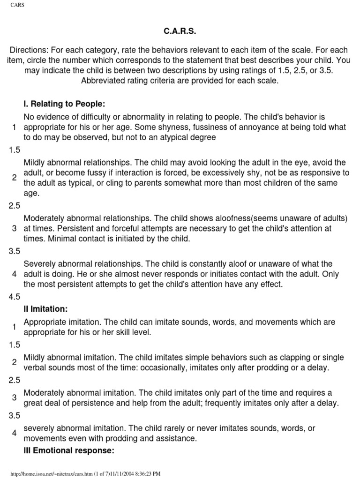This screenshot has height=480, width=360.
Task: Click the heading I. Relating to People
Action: [61, 103]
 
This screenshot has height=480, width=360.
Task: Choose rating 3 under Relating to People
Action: [15, 228]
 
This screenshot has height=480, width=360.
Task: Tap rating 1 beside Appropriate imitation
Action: [15, 327]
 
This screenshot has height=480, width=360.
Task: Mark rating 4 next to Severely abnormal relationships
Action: [15, 274]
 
